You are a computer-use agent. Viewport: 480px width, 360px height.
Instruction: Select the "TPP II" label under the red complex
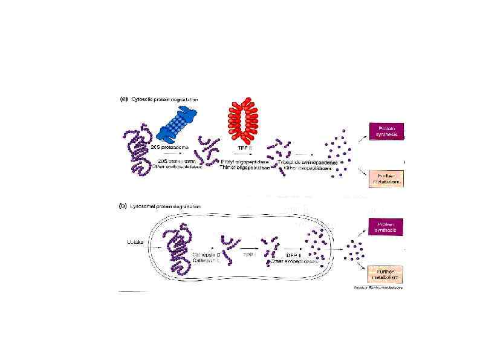click(245, 147)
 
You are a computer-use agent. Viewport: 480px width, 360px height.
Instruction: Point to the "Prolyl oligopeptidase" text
click(245, 162)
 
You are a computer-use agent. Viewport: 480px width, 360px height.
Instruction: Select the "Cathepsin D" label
click(205, 255)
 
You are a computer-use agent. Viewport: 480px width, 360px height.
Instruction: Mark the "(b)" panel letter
click(123, 206)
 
